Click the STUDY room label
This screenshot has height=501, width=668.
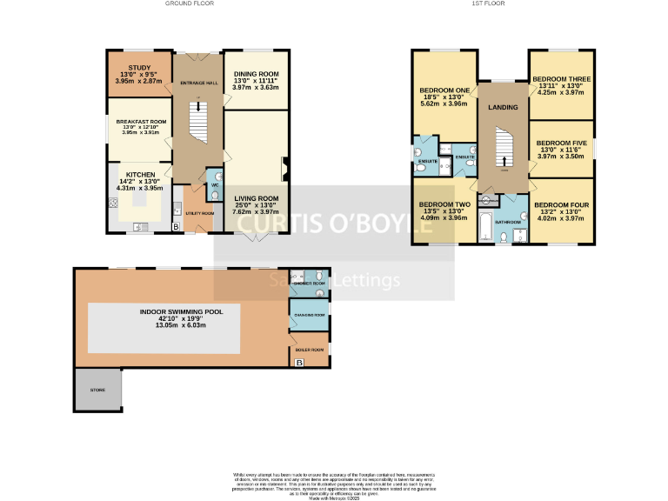click(x=138, y=67)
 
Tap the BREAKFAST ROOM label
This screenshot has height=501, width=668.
click(x=139, y=122)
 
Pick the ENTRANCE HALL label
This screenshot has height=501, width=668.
click(x=197, y=83)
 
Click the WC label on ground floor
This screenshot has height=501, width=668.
click(x=215, y=184)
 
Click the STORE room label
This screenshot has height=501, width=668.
click(x=97, y=390)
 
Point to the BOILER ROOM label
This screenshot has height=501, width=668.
click(x=309, y=349)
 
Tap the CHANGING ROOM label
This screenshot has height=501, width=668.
click(x=310, y=314)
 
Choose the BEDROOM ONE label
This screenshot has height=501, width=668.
click(x=444, y=90)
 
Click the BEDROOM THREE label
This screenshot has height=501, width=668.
click(x=562, y=78)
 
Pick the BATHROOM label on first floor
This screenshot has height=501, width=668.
click(x=507, y=221)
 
